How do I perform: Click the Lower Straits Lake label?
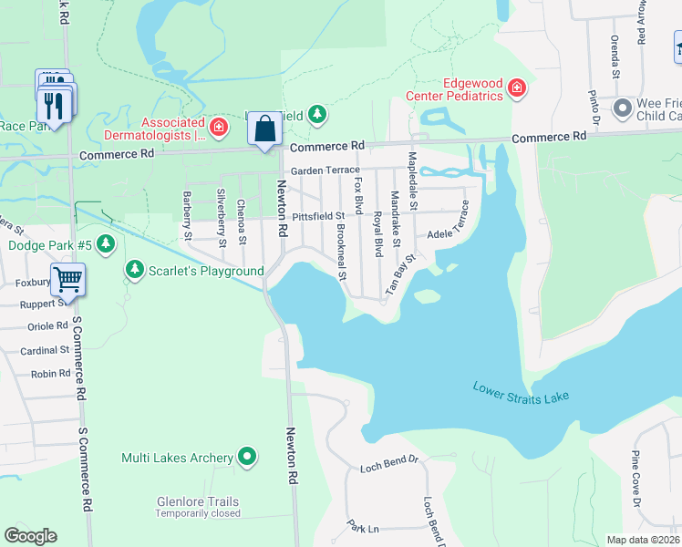[520, 393]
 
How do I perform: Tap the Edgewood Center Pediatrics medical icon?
[517, 88]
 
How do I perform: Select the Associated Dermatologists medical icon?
[218, 127]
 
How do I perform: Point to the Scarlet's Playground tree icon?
[135, 270]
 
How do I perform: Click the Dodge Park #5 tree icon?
[107, 243]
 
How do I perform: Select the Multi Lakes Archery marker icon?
[247, 457]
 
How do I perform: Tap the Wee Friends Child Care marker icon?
[623, 108]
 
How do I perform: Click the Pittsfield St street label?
[318, 217]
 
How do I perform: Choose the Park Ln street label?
[362, 528]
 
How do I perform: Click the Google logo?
[31, 536]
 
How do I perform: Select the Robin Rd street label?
[51, 374]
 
